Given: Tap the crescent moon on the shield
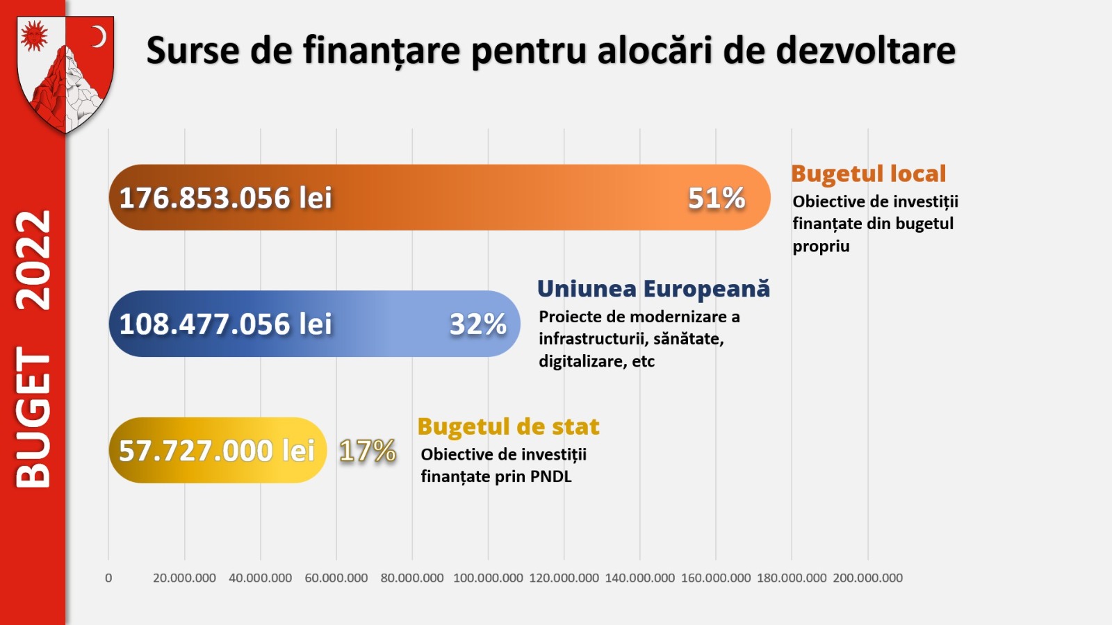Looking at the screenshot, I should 99,36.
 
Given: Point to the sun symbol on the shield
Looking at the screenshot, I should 33,35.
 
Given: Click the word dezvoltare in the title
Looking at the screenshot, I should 865,51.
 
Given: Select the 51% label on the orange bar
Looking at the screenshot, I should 717,199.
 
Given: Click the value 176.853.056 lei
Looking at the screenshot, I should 225,199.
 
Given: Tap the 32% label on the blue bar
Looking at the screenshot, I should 478,324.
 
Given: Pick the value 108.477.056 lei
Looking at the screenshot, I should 225,324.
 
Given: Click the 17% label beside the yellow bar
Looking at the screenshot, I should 368,451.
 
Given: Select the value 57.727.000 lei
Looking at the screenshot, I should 217,451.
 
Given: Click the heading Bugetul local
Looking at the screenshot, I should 869,174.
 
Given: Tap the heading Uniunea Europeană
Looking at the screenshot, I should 653,289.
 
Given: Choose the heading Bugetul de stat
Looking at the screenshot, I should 508,426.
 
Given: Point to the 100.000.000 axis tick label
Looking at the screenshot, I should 488,578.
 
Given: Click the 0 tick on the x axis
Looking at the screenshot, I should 108,578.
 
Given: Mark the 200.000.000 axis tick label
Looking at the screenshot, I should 867,578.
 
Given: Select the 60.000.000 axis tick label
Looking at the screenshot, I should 336,578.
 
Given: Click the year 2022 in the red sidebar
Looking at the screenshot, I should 33,260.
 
